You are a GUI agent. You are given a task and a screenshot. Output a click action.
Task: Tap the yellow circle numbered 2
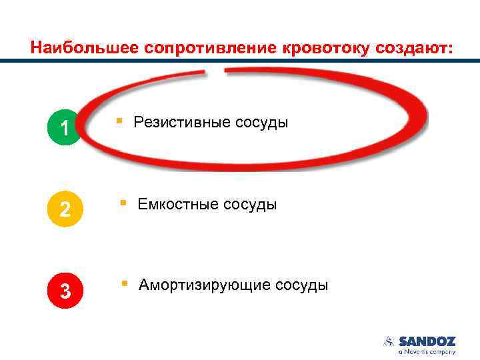click(65, 209)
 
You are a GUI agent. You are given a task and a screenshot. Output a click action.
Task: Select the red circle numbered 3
click(65, 291)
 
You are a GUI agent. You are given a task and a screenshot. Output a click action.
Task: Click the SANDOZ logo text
click(427, 341)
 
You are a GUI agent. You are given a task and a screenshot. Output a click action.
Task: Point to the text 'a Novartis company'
click(427, 351)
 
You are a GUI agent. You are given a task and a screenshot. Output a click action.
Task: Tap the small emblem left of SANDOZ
click(389, 341)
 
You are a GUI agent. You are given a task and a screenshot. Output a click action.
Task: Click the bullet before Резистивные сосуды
click(119, 121)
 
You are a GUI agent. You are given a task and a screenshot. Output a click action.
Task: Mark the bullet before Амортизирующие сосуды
click(124, 284)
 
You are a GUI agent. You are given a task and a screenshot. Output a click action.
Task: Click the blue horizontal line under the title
click(240, 61)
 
